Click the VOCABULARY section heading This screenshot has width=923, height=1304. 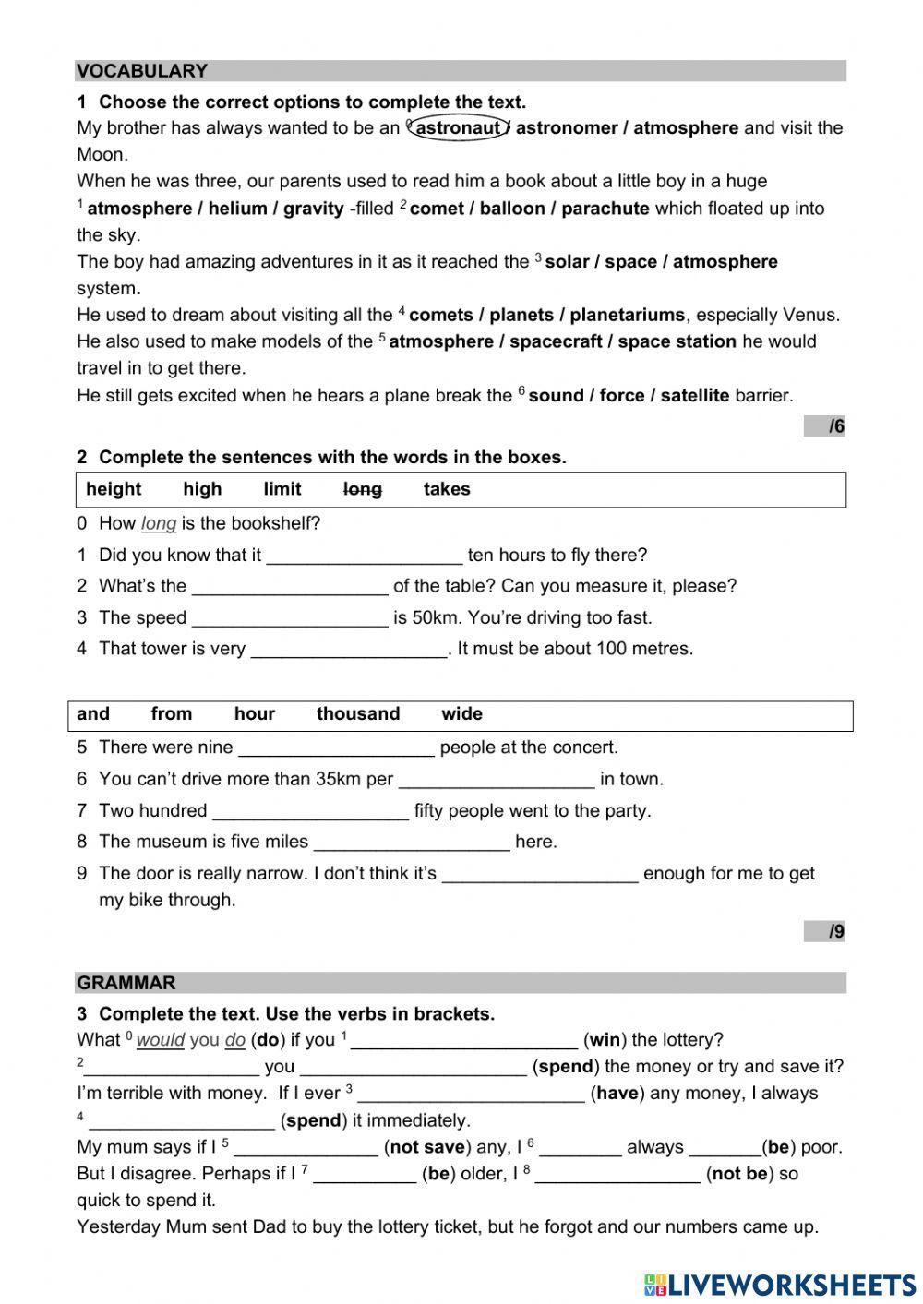pos(142,71)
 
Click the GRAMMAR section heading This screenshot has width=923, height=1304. pos(126,983)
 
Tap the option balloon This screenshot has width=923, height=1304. pos(509,209)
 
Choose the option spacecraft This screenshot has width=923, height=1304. pos(557,341)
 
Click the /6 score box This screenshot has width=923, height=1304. pos(825,426)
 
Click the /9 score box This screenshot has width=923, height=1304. pos(825,932)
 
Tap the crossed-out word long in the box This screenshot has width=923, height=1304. pos(362,489)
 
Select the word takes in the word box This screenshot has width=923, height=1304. pos(447,489)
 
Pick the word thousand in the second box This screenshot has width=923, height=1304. pos(358,714)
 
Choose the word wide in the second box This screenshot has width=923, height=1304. pos(461,714)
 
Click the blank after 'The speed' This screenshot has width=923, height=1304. pos(290,618)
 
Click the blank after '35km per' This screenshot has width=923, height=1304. pos(497,780)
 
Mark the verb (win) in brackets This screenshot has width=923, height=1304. pos(605,1040)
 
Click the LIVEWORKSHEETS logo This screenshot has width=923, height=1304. pos(780,1285)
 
